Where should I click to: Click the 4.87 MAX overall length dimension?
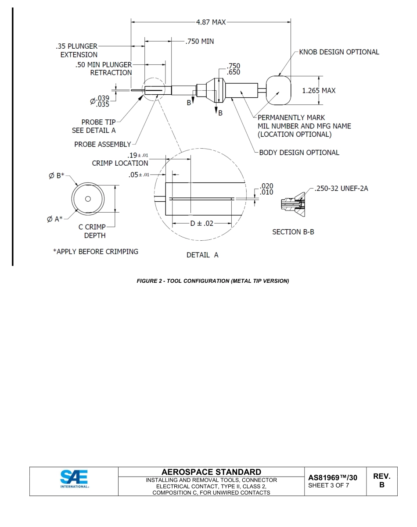pyautogui.click(x=211, y=22)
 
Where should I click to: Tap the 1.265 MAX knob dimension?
pyautogui.click(x=319, y=90)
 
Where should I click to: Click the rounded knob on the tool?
pyautogui.click(x=278, y=90)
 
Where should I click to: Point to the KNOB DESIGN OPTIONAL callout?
pyautogui.click(x=339, y=52)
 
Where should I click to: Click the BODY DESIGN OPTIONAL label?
pyautogui.click(x=299, y=153)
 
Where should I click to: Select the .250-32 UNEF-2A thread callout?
pyautogui.click(x=342, y=188)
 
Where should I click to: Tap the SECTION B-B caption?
pyautogui.click(x=293, y=231)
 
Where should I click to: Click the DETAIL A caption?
pyautogui.click(x=202, y=255)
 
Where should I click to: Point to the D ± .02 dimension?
pyautogui.click(x=201, y=223)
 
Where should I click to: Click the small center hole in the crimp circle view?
pyautogui.click(x=88, y=199)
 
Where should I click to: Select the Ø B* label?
pyautogui.click(x=56, y=176)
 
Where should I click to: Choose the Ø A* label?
pyautogui.click(x=55, y=219)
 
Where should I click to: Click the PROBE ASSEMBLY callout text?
pyautogui.click(x=103, y=144)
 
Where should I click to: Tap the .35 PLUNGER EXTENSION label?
pyautogui.click(x=77, y=50)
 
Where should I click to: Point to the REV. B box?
pyautogui.click(x=381, y=481)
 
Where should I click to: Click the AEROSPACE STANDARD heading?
pyautogui.click(x=211, y=472)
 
